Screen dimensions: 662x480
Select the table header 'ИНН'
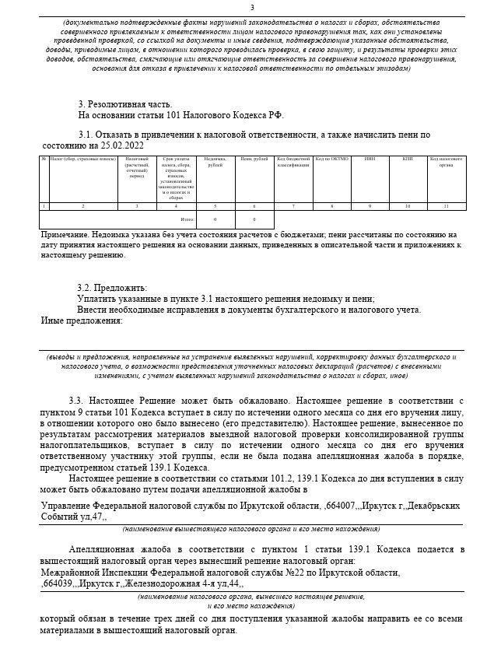click(369, 159)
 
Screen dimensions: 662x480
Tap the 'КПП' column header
click(407, 159)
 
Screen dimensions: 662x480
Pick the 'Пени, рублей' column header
click(254, 159)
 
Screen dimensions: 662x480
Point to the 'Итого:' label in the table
click(187, 220)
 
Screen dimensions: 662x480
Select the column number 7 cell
click(293, 205)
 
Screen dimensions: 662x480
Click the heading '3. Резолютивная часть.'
click(124, 104)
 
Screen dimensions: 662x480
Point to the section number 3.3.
click(75, 399)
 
